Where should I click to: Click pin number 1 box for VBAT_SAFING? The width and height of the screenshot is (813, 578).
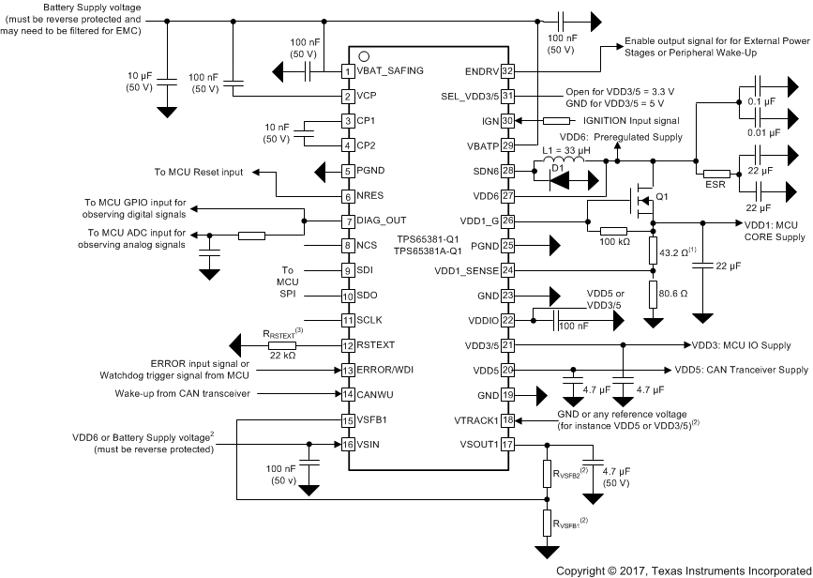point(347,70)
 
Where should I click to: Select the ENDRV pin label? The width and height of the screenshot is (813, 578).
point(477,70)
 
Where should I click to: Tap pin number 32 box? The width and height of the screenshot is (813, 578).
point(508,70)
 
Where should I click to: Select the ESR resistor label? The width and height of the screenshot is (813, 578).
point(717,186)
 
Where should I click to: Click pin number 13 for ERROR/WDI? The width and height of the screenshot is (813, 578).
point(347,369)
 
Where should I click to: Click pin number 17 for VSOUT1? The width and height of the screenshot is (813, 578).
point(508,444)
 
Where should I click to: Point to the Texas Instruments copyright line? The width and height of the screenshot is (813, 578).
point(682,570)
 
